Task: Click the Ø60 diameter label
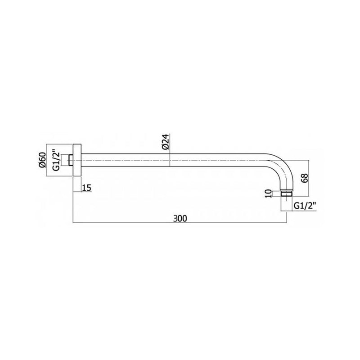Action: (42, 160)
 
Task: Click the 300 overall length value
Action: (180, 218)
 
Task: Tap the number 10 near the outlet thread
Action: (268, 193)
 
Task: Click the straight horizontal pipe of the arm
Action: (180, 161)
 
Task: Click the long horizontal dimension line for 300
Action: (180, 223)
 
